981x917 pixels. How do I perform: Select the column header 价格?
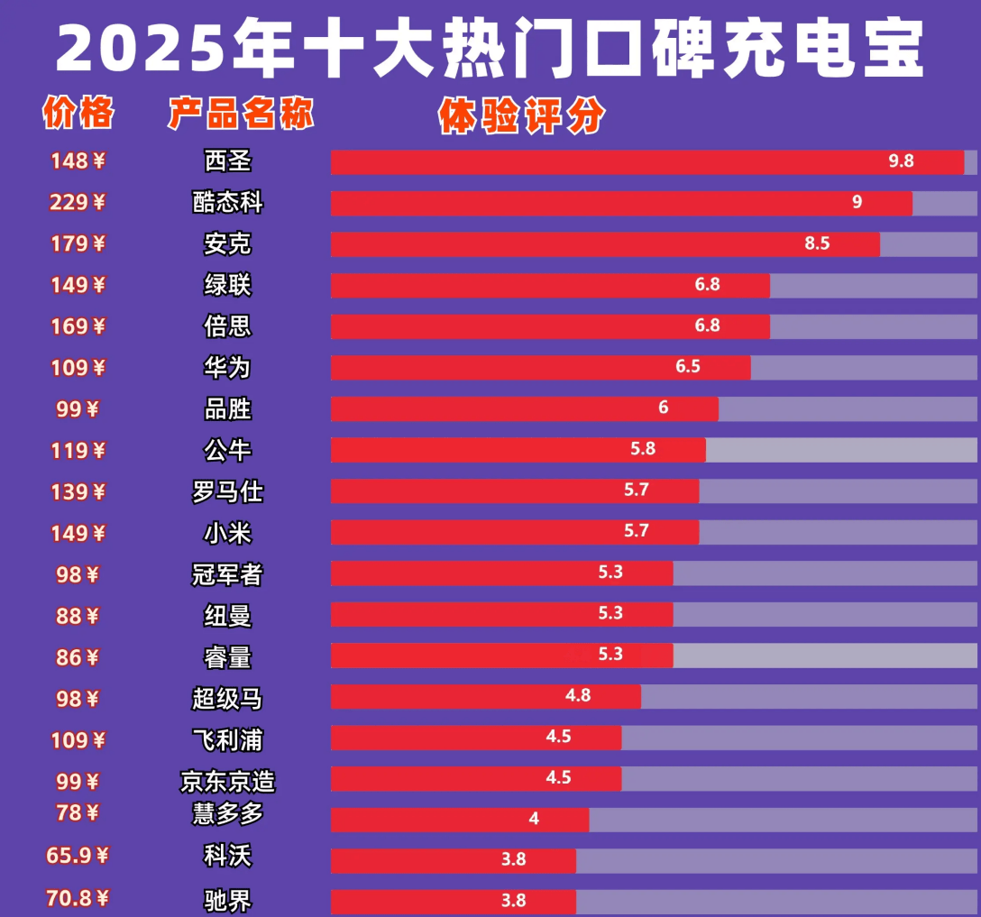(x=78, y=113)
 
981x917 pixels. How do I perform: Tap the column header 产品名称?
(x=241, y=115)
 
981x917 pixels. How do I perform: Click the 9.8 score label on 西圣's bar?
(x=901, y=161)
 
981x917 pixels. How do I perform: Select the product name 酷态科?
(x=228, y=202)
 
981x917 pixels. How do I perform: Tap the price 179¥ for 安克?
(x=78, y=243)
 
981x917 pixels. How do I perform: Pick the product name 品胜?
(x=228, y=408)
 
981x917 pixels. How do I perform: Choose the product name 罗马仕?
(x=228, y=491)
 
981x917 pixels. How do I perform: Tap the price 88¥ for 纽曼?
(x=78, y=616)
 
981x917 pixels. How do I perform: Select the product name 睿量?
(x=228, y=657)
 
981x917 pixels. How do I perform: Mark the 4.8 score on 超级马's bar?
(x=578, y=695)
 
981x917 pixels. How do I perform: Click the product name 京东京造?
(x=228, y=781)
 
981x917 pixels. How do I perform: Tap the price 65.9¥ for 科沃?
(x=78, y=854)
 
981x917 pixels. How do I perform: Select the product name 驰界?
(x=228, y=900)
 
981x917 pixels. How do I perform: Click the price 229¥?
(x=78, y=202)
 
